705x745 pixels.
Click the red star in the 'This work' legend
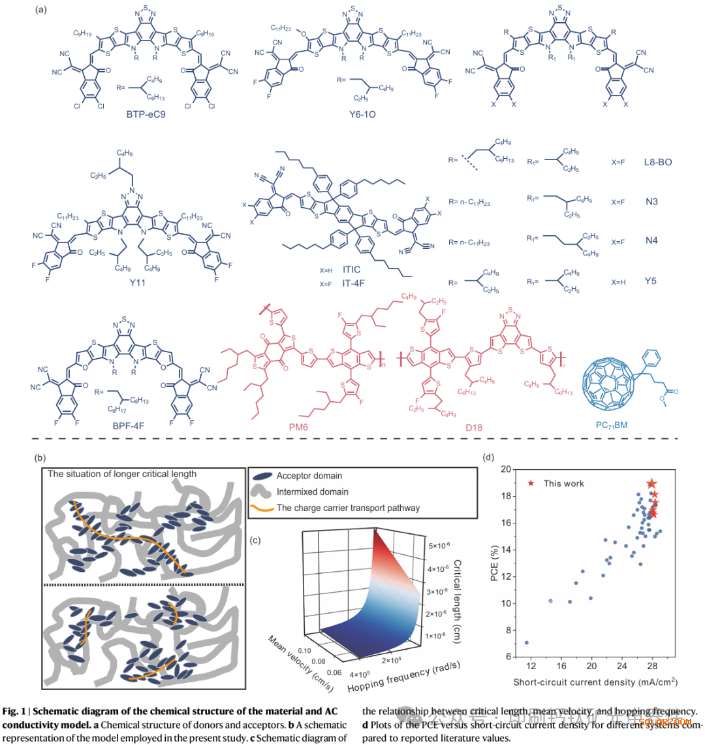[x=531, y=484]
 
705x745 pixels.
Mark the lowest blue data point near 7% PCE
[x=526, y=643]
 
